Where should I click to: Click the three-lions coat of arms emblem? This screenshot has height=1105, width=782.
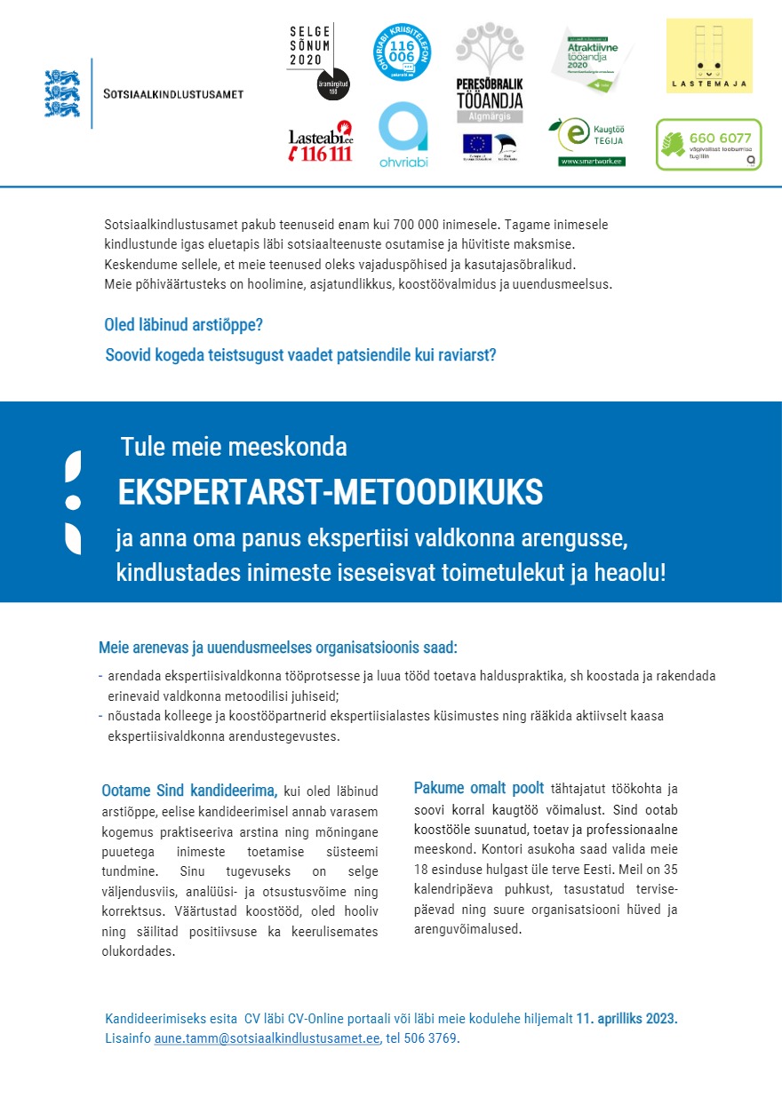click(62, 93)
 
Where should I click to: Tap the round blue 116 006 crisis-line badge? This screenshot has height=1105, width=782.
click(403, 52)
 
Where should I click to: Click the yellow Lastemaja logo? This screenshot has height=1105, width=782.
click(709, 56)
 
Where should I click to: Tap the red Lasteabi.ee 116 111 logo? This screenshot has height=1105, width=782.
click(321, 142)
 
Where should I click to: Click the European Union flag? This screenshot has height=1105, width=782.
click(477, 143)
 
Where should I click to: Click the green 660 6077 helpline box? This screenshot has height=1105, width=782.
click(708, 144)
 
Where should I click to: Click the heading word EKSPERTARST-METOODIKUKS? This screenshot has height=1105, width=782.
click(331, 491)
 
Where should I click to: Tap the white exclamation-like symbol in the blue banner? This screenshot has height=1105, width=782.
click(73, 501)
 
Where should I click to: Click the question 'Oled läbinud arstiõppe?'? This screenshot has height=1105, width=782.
click(184, 324)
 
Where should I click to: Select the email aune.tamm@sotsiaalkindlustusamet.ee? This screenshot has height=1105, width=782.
click(267, 1038)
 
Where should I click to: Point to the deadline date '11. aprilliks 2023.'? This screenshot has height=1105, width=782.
click(626, 1019)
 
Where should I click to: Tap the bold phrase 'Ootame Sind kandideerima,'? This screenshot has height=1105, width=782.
click(189, 790)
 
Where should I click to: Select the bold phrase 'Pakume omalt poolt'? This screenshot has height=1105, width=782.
click(479, 788)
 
